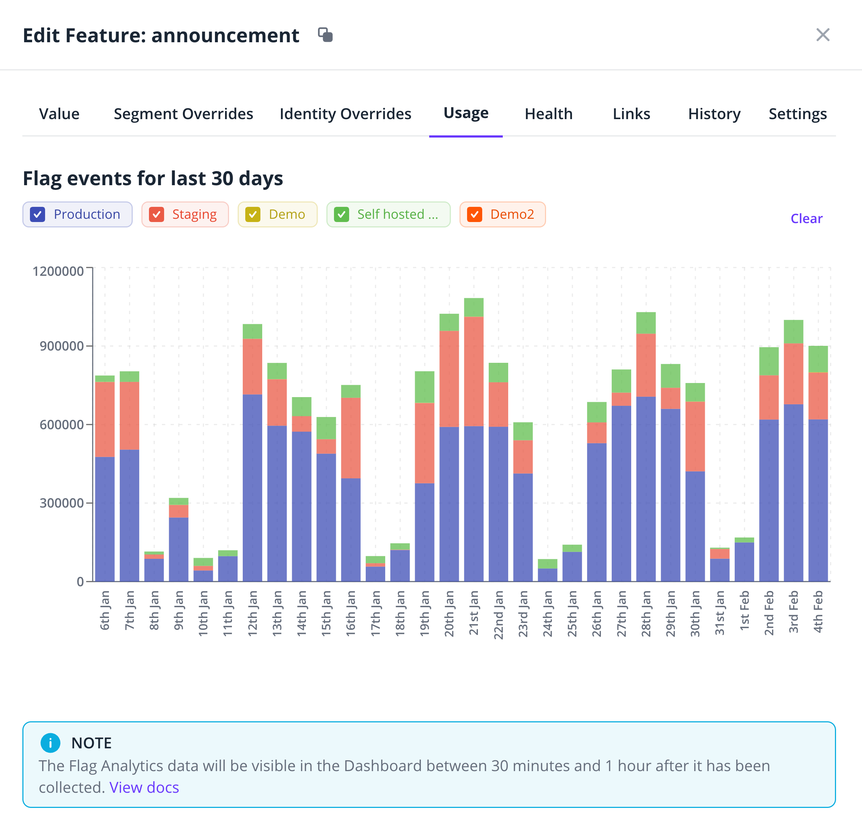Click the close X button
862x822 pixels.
pos(823,35)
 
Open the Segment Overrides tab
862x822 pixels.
pos(184,114)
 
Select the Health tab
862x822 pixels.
pos(549,114)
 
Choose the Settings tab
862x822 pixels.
pos(798,114)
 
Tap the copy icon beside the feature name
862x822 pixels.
pos(325,35)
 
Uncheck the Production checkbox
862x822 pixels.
pos(38,215)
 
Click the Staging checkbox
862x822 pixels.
pos(156,215)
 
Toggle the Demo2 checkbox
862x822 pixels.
pos(475,215)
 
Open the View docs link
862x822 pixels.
pos(144,787)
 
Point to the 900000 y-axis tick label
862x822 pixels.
pos(62,346)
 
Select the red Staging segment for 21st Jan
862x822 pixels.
pos(474,371)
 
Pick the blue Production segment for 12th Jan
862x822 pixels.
pos(252,487)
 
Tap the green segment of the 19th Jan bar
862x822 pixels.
pos(425,387)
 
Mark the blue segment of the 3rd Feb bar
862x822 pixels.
pos(793,492)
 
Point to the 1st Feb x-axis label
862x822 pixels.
pos(744,611)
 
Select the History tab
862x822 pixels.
pos(714,114)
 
